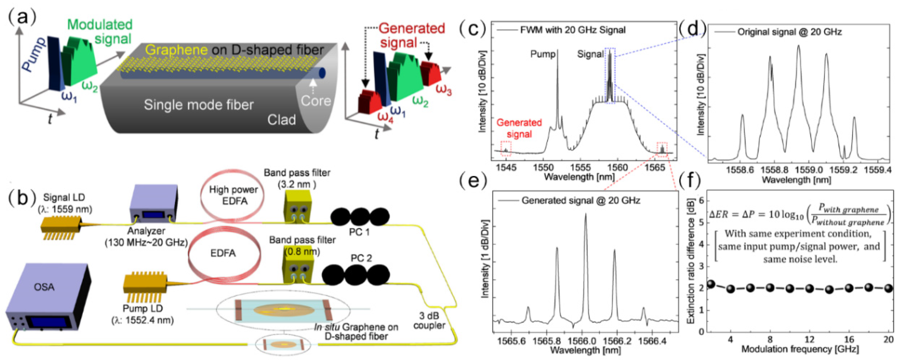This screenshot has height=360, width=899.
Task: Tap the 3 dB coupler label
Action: (429, 320)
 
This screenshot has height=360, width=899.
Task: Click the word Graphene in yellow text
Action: (176, 50)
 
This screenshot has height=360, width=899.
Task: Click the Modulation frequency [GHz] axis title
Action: (800, 349)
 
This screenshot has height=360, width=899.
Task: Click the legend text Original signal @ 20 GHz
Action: (789, 32)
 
